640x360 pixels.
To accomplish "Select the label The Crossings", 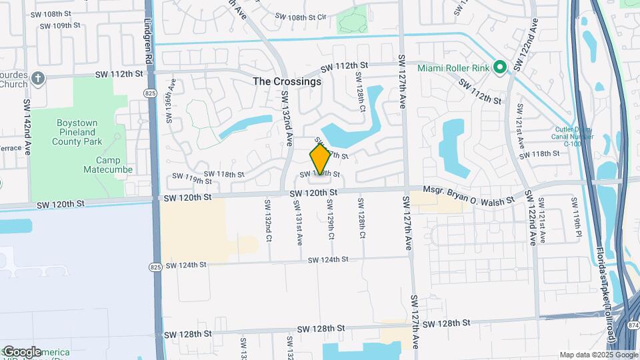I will [x=287, y=81].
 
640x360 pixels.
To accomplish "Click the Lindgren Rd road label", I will [x=148, y=41].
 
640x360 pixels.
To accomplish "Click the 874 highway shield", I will [x=631, y=325].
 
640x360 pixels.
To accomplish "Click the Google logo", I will [x=21, y=352].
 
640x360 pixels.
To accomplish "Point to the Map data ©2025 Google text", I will [x=598, y=355].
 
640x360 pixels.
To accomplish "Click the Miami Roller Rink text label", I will [x=454, y=67].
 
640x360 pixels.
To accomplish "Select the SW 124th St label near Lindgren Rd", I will [x=186, y=265].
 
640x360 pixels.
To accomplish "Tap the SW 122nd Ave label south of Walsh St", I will [x=532, y=217].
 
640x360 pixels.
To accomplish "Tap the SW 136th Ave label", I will [x=171, y=102].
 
